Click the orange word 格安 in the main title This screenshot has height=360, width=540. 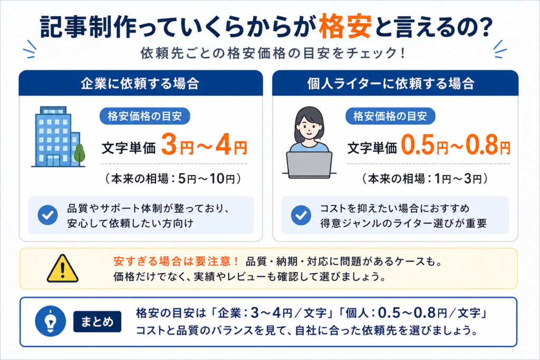[x=345, y=26]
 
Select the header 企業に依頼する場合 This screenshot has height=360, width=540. [x=140, y=84]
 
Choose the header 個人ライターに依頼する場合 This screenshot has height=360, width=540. [x=391, y=84]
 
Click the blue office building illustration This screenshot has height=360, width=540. [x=55, y=137]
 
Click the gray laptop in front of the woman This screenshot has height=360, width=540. [x=309, y=165]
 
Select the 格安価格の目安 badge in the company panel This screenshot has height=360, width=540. [x=144, y=116]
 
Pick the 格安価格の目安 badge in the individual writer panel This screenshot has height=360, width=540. [x=390, y=116]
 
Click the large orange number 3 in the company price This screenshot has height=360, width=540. [x=169, y=144]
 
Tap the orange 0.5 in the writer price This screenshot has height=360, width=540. [x=417, y=145]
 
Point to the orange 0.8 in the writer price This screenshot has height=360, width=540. [x=482, y=145]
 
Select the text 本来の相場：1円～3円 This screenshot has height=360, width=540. [x=425, y=179]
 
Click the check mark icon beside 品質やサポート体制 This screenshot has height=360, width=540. [x=47, y=215]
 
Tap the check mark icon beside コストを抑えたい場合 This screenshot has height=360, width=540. [x=301, y=215]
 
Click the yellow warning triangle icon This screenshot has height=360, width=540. [x=62, y=268]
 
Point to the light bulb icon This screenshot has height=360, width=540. [x=51, y=322]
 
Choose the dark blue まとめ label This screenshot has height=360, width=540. [x=97, y=322]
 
